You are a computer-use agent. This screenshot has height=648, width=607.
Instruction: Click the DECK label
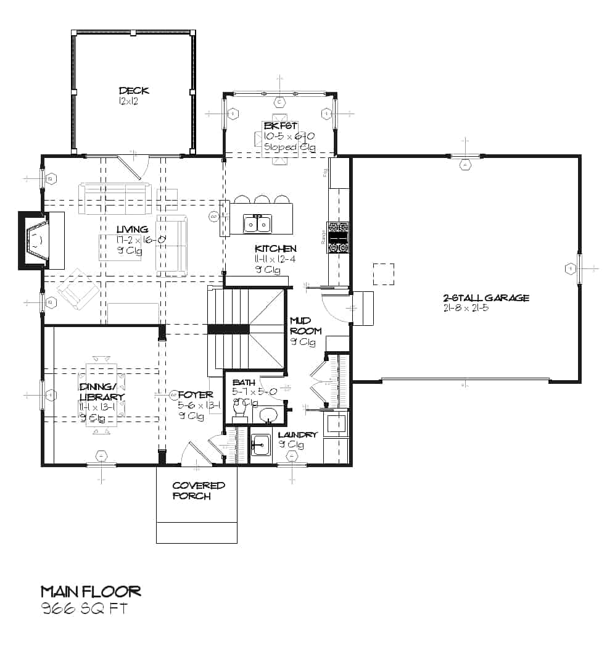(x=134, y=91)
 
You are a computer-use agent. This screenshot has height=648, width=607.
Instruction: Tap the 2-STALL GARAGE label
(x=486, y=298)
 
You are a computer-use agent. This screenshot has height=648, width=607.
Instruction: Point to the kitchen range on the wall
(x=339, y=238)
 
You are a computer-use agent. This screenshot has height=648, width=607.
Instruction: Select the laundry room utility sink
(x=260, y=443)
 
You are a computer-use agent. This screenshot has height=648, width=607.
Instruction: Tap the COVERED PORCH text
(x=199, y=491)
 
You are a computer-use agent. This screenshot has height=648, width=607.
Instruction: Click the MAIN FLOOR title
(x=91, y=591)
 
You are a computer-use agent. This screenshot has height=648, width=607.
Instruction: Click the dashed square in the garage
(x=384, y=274)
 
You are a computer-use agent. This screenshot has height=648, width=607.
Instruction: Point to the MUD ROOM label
(x=303, y=325)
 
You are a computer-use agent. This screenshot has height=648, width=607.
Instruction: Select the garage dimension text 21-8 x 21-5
(x=466, y=308)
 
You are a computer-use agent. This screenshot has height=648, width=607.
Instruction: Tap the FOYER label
(x=195, y=395)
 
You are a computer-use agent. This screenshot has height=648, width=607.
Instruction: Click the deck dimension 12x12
(x=128, y=101)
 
